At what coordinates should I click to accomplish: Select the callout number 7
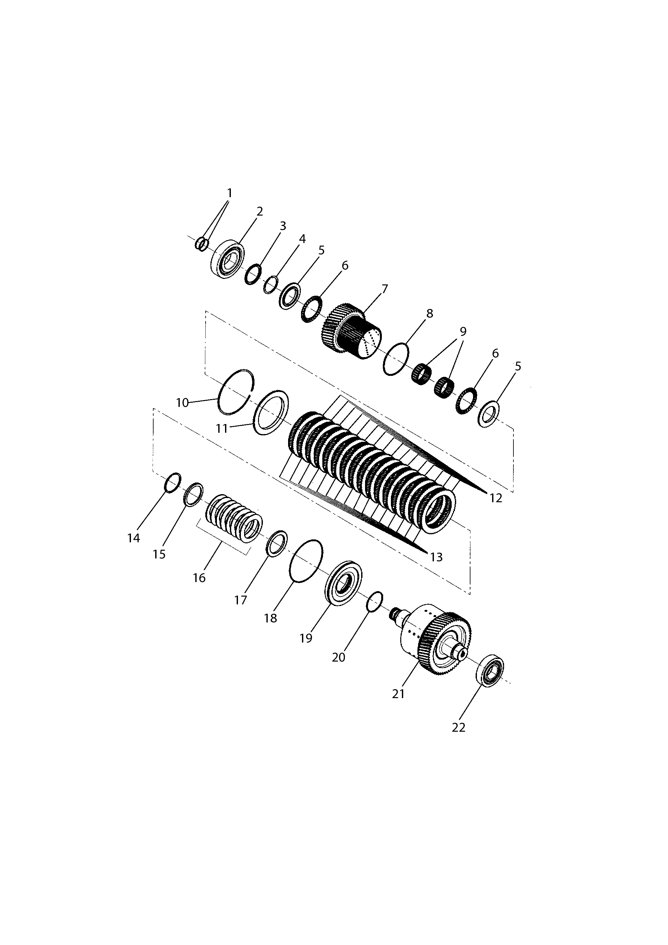pos(385,289)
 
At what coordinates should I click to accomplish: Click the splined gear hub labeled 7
pos(351,331)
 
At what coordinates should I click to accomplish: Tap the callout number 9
pos(463,331)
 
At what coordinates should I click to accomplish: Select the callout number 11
pos(222,429)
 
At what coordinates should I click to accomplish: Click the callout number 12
pos(496,498)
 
